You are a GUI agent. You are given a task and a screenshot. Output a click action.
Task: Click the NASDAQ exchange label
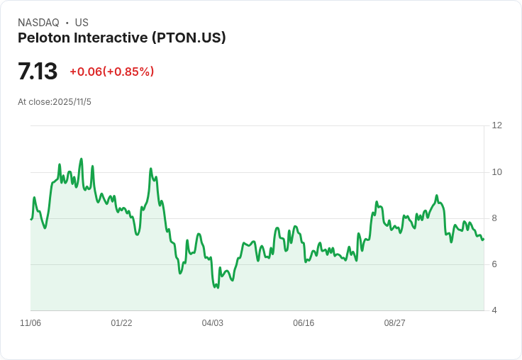(x=38, y=23)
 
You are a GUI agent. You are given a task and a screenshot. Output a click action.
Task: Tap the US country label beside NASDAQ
(x=82, y=23)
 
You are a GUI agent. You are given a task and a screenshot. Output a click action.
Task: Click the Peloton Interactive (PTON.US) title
(x=122, y=38)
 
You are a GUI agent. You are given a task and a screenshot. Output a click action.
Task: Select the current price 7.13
(x=38, y=72)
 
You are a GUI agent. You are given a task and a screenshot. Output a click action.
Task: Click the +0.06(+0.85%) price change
(x=111, y=72)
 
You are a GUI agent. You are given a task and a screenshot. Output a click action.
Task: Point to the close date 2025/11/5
(x=72, y=102)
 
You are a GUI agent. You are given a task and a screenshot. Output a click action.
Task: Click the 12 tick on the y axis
(x=496, y=125)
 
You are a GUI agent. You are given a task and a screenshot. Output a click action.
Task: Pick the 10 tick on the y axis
(x=496, y=172)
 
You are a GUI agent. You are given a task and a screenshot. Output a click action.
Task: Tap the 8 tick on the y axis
(x=494, y=218)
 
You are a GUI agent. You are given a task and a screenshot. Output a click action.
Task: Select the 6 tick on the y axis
(x=494, y=264)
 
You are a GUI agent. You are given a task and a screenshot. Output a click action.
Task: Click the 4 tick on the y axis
(x=494, y=310)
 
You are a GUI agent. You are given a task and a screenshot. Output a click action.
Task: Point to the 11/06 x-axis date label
(x=30, y=323)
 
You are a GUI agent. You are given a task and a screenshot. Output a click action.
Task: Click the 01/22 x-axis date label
(x=121, y=323)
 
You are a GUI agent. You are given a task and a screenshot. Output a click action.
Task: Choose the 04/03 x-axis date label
(x=212, y=323)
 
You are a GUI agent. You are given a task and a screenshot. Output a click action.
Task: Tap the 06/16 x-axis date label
(x=304, y=323)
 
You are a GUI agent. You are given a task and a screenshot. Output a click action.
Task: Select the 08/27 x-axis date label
(x=394, y=323)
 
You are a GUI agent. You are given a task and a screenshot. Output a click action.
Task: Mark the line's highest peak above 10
(x=82, y=159)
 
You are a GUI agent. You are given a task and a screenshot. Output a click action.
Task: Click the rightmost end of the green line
(x=484, y=239)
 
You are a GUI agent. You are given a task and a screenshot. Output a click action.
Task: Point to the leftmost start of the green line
(x=31, y=219)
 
